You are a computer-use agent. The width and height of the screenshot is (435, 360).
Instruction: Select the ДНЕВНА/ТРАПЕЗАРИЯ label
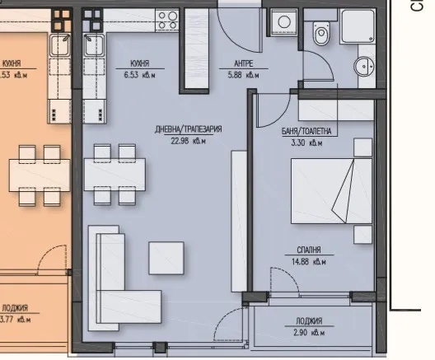tap(189, 130)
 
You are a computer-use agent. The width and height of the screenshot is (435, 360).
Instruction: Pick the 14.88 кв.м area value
tap(310, 263)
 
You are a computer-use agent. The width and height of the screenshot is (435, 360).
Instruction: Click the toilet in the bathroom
tap(321, 34)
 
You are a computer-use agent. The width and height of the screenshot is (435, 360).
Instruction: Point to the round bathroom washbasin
tap(363, 65)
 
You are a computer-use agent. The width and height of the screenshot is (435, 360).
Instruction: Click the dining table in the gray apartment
tap(115, 174)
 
